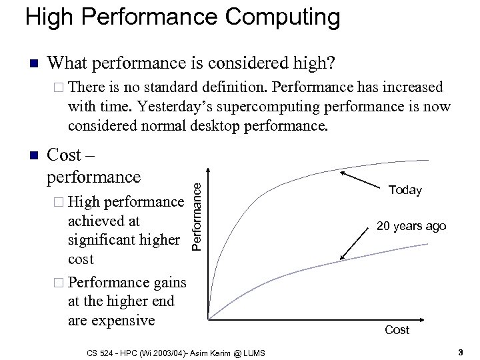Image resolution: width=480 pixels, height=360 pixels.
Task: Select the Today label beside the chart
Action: tap(405, 191)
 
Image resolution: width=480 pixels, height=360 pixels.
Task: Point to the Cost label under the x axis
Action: tap(397, 330)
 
